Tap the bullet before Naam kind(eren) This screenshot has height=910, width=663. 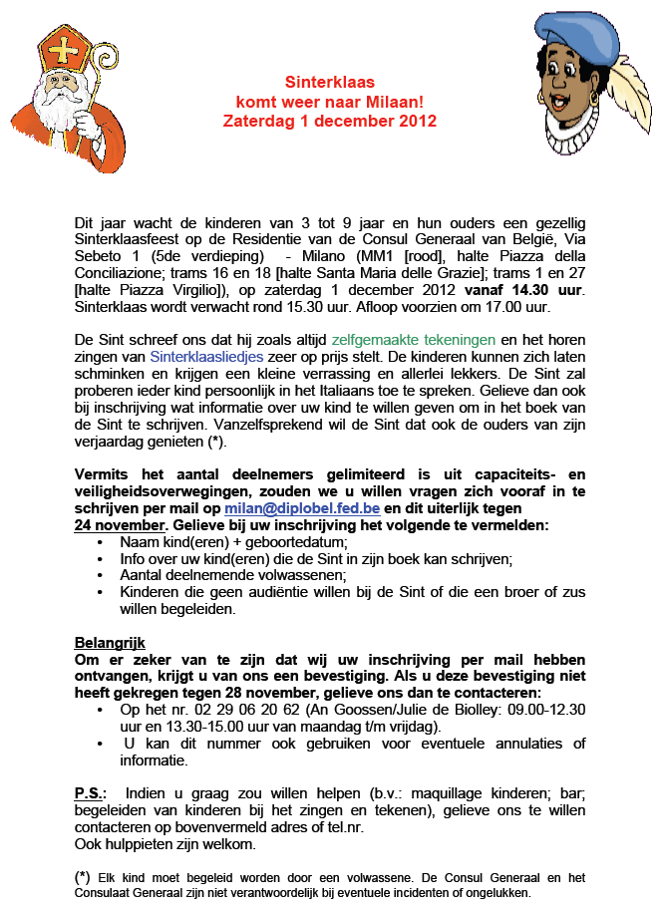tap(107, 542)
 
